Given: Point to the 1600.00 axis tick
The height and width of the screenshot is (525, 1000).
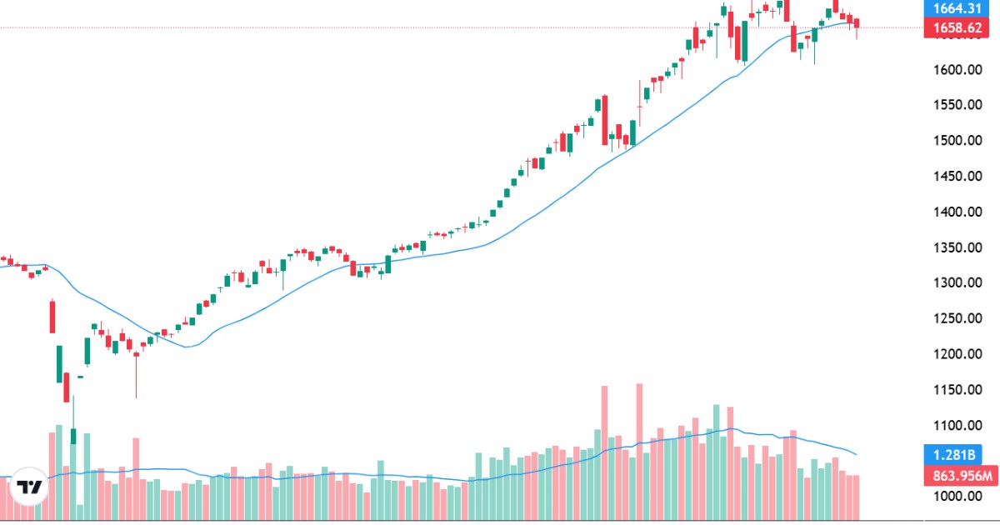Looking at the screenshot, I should coord(956,69).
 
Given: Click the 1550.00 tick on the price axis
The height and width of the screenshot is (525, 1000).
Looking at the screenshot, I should coord(956,105).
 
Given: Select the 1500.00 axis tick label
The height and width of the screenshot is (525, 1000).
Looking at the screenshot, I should coord(956,140).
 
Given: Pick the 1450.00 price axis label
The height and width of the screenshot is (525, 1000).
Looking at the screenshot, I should coord(956,176).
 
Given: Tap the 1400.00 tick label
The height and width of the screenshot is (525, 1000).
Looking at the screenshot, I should coord(956,212).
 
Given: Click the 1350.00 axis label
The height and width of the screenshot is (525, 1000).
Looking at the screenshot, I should coord(956,247).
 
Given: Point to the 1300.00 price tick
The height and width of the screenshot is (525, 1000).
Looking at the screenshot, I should coord(956,282).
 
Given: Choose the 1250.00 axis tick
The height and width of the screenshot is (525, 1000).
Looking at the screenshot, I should coord(956,318).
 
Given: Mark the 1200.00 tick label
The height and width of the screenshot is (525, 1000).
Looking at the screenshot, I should coord(956,354).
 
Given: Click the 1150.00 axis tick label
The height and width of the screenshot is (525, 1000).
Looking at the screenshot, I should coord(956,390).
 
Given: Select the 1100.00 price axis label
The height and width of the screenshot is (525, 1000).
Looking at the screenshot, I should coord(956,425).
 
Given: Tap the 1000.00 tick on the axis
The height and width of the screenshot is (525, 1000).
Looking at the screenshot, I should coord(956,496).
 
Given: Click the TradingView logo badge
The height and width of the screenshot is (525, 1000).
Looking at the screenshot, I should coord(31,488).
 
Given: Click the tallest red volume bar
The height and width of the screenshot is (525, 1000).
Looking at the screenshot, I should coord(639,450).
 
